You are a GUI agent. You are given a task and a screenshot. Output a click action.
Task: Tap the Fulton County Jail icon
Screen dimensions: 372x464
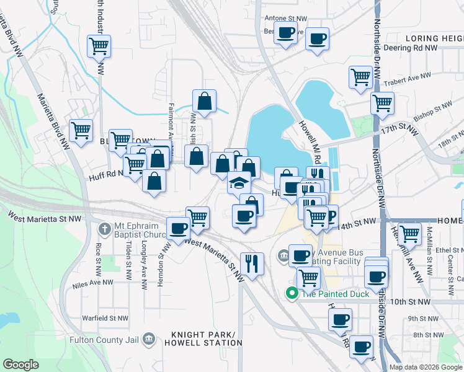click(x=148, y=339)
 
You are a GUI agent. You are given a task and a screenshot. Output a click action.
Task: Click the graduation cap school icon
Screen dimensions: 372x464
click(x=239, y=182)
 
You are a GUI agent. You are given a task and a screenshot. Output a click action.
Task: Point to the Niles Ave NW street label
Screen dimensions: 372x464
click(x=92, y=281)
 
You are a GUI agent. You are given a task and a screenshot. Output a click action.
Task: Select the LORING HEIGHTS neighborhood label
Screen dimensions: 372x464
click(x=435, y=38)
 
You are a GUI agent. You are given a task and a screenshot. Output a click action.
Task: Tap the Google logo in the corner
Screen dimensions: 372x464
click(x=21, y=365)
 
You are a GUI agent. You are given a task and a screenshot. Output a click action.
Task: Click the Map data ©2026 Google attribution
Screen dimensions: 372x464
click(x=425, y=367)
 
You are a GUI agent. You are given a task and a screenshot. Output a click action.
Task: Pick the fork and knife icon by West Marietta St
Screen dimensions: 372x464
click(x=252, y=263)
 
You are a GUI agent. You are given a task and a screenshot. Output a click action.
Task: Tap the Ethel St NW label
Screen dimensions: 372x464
click(x=442, y=249)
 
